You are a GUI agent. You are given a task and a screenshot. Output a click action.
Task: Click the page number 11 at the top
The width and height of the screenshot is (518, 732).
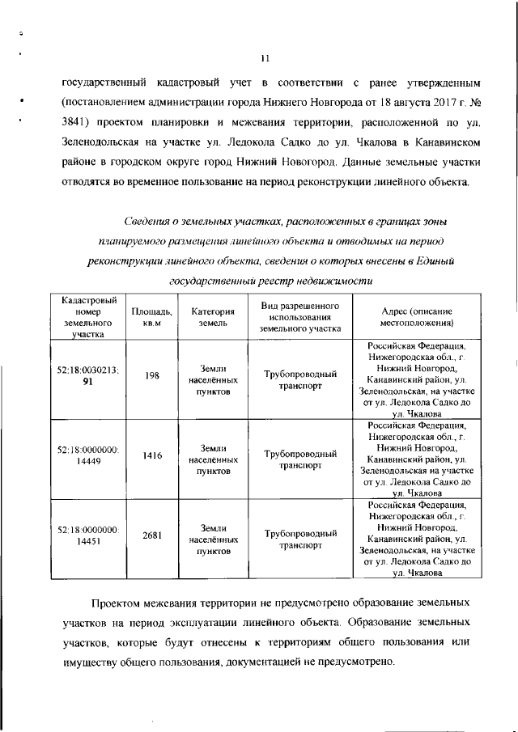(265, 57)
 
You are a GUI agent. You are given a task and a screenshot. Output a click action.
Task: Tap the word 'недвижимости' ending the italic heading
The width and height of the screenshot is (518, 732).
(337, 281)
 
